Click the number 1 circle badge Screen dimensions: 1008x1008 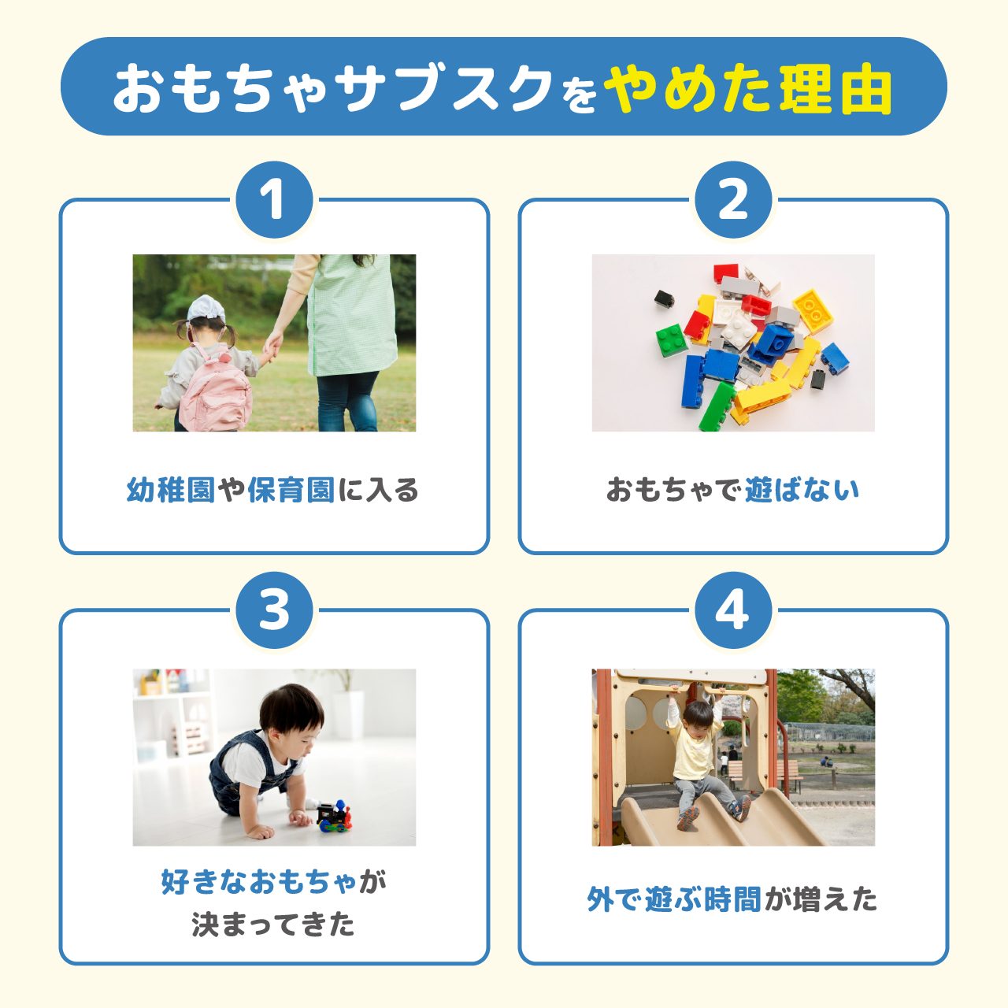[274, 200]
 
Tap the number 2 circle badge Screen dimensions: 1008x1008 [733, 200]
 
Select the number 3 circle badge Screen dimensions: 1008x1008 [274, 610]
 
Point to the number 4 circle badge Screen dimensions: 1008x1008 [733, 610]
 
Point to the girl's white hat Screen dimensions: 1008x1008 [206, 308]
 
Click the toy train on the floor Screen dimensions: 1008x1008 [335, 816]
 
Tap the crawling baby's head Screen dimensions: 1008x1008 [291, 708]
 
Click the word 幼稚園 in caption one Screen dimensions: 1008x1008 [170, 491]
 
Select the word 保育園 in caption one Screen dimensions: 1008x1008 [291, 491]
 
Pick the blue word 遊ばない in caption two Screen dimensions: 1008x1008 [801, 490]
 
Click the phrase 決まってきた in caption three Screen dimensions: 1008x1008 [273, 925]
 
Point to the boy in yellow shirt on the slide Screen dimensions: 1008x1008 [697, 756]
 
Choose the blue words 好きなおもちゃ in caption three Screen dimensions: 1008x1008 [260, 882]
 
